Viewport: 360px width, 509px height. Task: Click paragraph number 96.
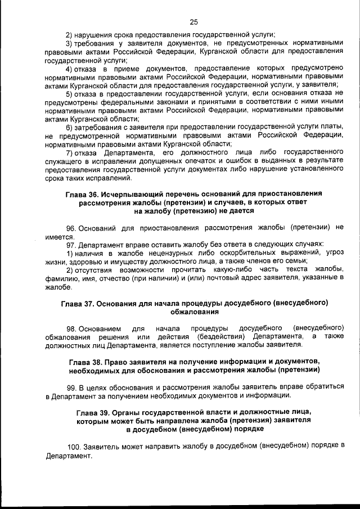point(71,228)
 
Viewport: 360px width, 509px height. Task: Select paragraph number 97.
point(71,245)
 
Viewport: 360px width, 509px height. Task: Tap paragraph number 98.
point(71,327)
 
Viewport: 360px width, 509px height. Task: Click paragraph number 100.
point(74,446)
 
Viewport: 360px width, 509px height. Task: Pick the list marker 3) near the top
point(70,43)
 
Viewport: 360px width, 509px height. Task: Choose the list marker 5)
point(70,93)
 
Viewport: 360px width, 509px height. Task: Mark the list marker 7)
point(70,152)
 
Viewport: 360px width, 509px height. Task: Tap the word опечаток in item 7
point(211,161)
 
